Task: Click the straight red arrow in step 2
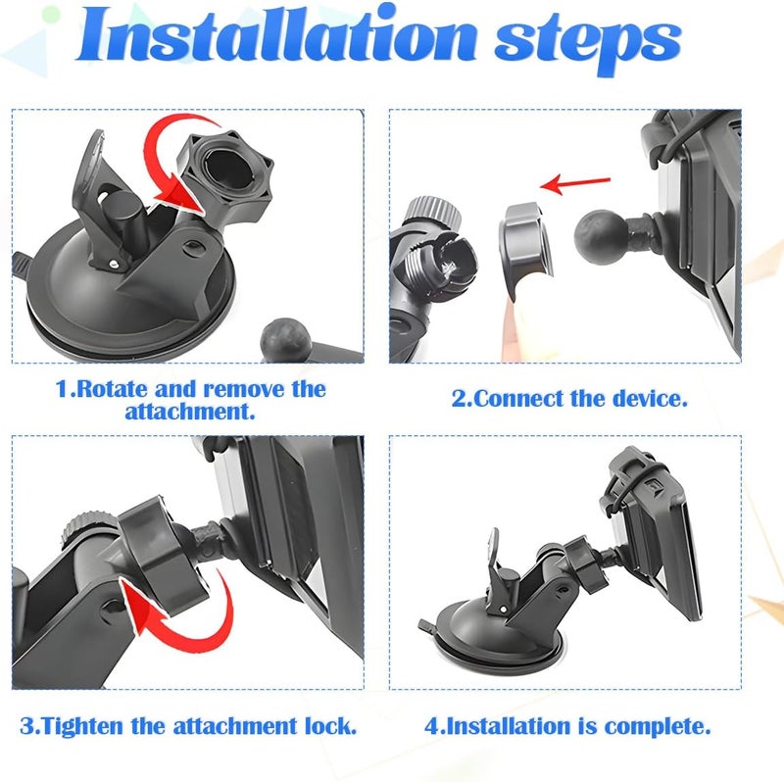pyautogui.click(x=575, y=183)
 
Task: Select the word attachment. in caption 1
pyautogui.click(x=190, y=412)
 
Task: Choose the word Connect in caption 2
pyautogui.click(x=518, y=399)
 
